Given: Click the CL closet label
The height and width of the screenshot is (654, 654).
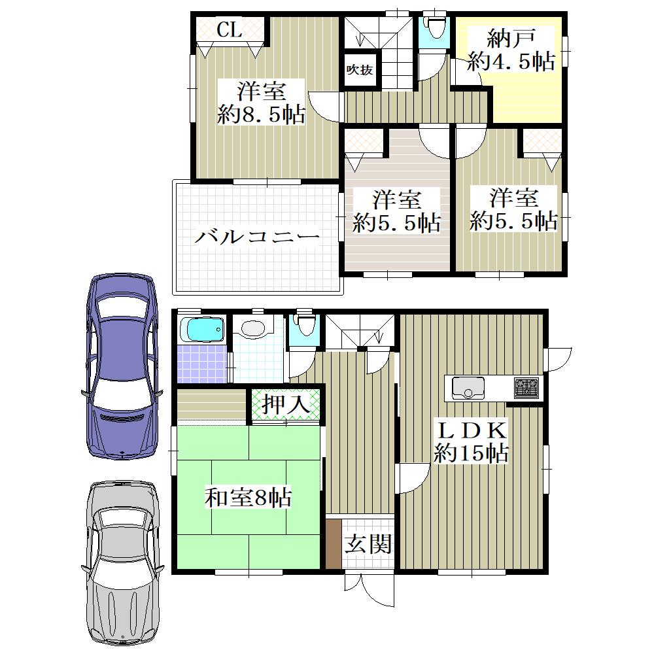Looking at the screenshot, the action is pos(229,29).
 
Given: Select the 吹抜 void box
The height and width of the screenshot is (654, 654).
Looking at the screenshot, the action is pos(360,69).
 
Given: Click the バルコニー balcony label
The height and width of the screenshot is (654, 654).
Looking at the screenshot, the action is pos(257,237).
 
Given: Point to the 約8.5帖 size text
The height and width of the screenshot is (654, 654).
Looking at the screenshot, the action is pos(261,114).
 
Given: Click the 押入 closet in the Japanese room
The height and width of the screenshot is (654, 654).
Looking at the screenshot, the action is pos(286,404).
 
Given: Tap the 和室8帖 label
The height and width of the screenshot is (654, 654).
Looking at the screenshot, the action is pos(248,497).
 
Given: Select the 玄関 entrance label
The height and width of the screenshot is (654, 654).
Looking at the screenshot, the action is pos(368,543).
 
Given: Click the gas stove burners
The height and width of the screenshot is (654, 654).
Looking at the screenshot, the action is pos(526,387).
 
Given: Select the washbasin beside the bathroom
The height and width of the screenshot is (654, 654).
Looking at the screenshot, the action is pos(254,328).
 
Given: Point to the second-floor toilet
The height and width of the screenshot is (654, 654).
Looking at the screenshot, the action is pos(434,26).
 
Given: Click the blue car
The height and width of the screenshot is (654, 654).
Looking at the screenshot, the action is pos(122,366).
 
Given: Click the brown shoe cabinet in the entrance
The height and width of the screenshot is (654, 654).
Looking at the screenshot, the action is pos(332,544).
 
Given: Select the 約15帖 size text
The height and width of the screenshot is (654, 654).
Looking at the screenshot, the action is pos(472,453).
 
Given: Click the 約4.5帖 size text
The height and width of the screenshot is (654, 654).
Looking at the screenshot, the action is pos(511,61).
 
